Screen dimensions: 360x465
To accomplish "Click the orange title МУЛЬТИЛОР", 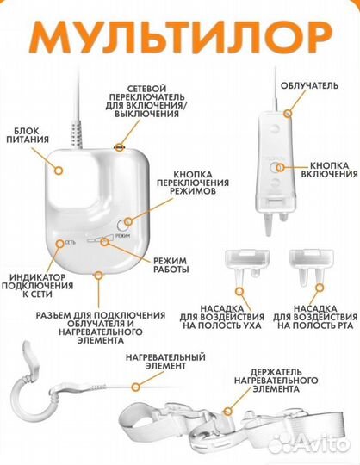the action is pyautogui.click(x=180, y=38).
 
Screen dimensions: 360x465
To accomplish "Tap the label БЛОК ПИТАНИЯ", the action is pyautogui.click(x=28, y=135).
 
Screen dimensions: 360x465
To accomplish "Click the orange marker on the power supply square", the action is pyautogui.click(x=59, y=170).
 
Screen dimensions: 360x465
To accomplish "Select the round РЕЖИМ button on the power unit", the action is pyautogui.click(x=123, y=225).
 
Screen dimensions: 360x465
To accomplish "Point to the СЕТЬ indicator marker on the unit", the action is pyautogui.click(x=60, y=243).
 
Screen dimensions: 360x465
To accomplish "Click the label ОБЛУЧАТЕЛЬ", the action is pyautogui.click(x=309, y=86).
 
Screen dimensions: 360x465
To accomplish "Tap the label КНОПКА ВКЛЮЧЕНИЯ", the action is pyautogui.click(x=329, y=170).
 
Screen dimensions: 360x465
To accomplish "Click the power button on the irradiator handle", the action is pyautogui.click(x=275, y=168).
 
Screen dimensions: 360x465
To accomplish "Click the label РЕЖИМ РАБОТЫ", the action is pyautogui.click(x=171, y=265).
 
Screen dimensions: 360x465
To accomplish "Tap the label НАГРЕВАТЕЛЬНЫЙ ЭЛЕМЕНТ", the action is pyautogui.click(x=165, y=361).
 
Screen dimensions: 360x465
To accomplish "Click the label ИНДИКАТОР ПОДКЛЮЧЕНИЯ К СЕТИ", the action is pyautogui.click(x=37, y=286).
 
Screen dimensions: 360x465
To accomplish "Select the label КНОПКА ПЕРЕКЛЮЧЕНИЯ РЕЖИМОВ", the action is pyautogui.click(x=193, y=183).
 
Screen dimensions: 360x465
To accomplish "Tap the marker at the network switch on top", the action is pyautogui.click(x=120, y=146).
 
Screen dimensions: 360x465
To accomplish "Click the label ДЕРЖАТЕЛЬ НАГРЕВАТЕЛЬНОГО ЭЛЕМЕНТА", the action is pyautogui.click(x=276, y=381).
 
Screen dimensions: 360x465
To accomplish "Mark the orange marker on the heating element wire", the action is pyautogui.click(x=136, y=387).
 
